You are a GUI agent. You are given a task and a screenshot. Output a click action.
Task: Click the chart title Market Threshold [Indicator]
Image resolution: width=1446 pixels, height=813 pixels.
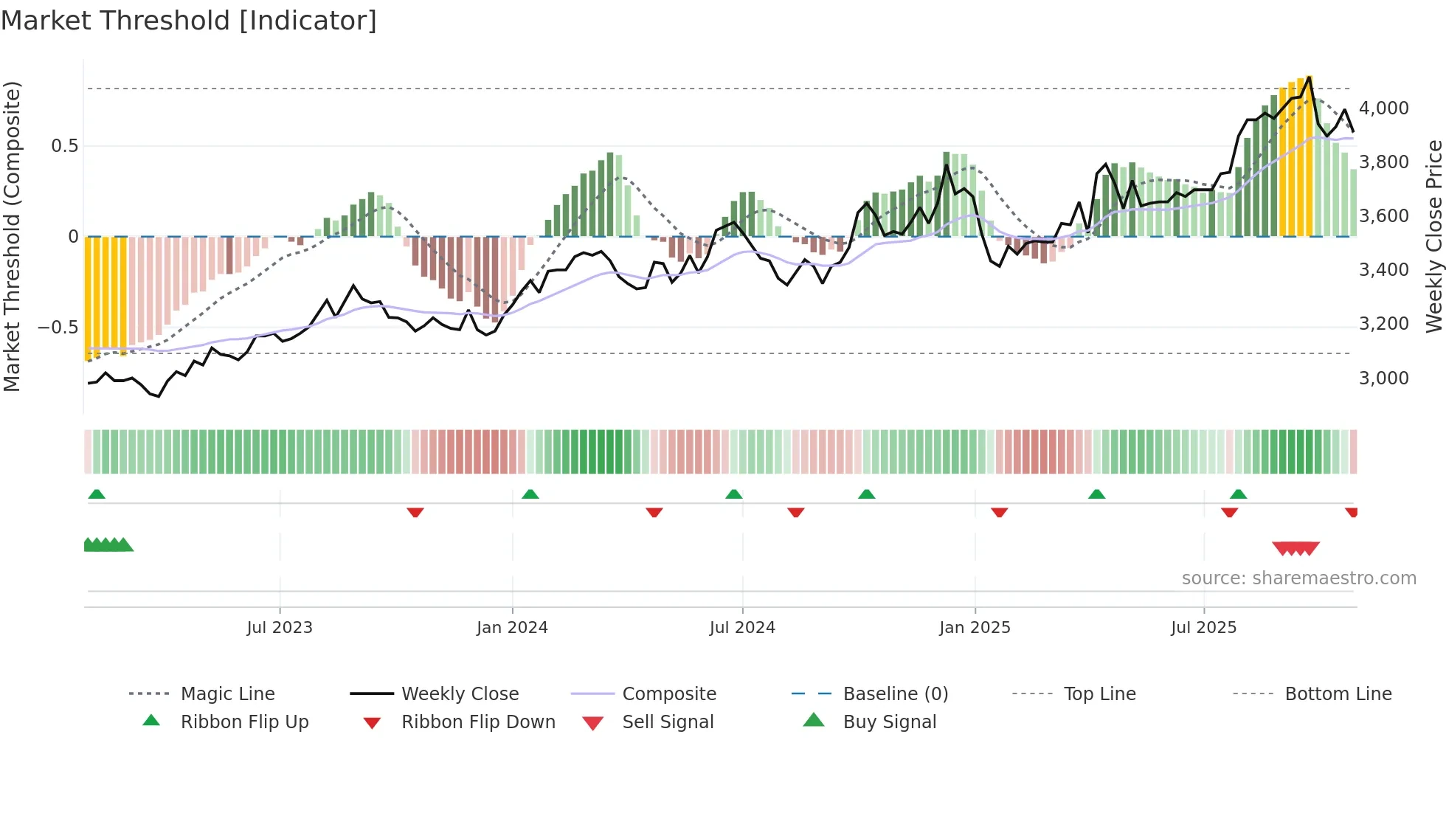click(x=189, y=21)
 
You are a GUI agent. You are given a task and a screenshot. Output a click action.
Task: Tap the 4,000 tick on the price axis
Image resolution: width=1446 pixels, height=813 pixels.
click(x=1383, y=108)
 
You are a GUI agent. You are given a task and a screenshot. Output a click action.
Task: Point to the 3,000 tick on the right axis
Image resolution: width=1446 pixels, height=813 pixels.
click(x=1383, y=378)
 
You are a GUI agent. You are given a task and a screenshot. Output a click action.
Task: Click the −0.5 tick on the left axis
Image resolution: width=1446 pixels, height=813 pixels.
click(x=58, y=327)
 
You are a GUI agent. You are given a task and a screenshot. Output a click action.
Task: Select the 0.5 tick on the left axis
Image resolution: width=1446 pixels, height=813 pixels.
click(x=64, y=146)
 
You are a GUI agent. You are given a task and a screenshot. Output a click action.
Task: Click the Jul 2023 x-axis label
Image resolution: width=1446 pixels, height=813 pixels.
click(x=280, y=628)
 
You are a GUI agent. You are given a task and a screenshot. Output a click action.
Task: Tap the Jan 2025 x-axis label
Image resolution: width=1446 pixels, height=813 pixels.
click(x=975, y=628)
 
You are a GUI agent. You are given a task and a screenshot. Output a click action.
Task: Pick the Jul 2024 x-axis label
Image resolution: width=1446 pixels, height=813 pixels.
click(x=742, y=628)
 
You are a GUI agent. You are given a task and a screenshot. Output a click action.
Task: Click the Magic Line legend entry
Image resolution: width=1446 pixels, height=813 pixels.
click(x=227, y=694)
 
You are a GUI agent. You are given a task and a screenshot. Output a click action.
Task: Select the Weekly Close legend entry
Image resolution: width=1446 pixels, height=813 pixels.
click(x=460, y=694)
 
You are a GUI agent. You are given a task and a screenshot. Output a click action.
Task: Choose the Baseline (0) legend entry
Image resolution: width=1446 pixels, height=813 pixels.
click(x=895, y=694)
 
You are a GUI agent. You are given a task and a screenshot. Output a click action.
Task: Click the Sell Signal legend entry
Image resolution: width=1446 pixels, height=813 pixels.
click(x=668, y=722)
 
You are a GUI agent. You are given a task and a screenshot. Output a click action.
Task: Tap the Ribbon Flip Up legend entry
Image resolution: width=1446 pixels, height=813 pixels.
click(x=244, y=722)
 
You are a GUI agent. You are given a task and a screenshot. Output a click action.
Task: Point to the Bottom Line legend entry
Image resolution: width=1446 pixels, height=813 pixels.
click(x=1338, y=694)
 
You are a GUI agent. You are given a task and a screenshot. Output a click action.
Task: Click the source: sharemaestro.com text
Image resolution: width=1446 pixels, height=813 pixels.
click(x=1298, y=578)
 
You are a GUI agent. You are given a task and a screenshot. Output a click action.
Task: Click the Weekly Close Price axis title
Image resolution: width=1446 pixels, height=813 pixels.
click(x=1433, y=236)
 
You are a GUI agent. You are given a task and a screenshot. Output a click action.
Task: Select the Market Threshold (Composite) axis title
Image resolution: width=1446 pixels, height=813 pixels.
click(x=12, y=236)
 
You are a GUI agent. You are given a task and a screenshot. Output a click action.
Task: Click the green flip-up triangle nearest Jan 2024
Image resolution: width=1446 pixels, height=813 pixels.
click(x=530, y=494)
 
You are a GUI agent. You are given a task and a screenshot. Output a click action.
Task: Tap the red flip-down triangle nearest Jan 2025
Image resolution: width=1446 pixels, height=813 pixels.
click(x=999, y=512)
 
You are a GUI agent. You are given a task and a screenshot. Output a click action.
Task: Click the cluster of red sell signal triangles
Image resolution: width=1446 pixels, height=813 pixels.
click(x=1295, y=548)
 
